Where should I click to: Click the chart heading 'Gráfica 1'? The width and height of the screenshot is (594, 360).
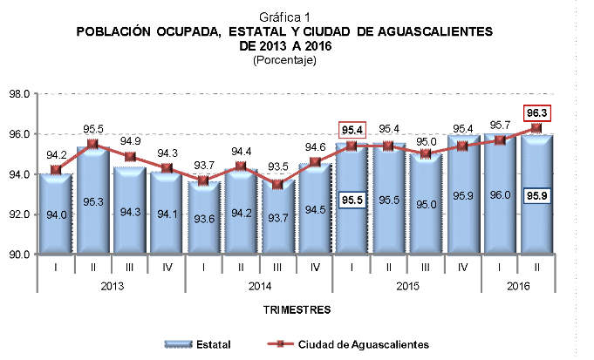(x=284, y=17)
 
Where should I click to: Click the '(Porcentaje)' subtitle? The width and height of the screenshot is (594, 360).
(x=283, y=60)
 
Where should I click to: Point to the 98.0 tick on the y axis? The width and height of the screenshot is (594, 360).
(x=20, y=93)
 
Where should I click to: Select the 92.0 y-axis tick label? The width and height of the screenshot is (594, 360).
(x=20, y=214)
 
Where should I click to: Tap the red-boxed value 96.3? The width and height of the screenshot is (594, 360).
(x=536, y=112)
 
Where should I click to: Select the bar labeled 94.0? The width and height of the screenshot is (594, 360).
(x=55, y=214)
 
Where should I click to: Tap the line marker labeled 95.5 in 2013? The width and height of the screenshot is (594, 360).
(x=92, y=144)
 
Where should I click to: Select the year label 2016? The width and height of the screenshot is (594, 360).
(x=519, y=286)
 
